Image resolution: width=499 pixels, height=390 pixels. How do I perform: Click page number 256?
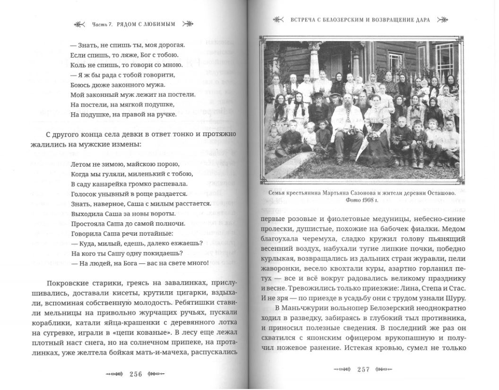click(136, 374)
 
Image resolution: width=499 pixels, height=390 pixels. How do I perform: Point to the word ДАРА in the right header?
click(420, 20)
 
